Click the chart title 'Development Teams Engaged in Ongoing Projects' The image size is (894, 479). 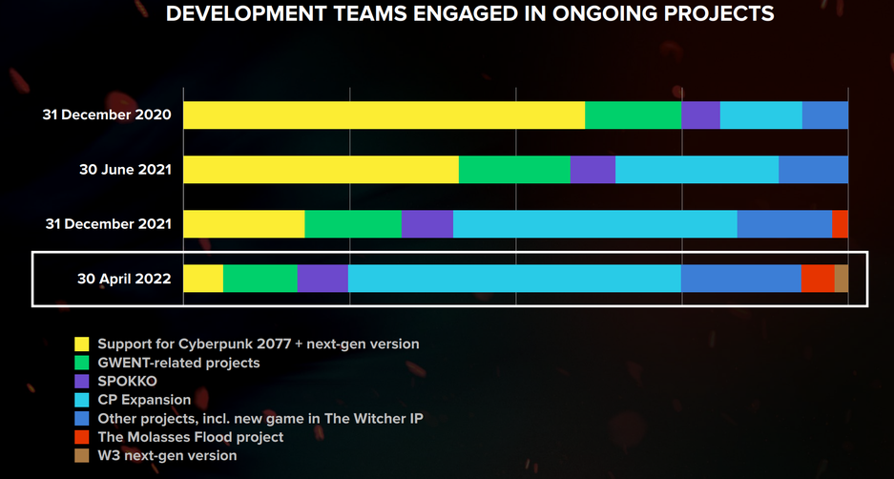coord(469,14)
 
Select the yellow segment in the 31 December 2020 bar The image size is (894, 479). coord(384,115)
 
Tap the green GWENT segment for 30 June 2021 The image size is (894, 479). coord(514,170)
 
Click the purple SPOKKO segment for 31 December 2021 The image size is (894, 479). coord(427,224)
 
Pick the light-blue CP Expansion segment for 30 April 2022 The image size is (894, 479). coord(514,279)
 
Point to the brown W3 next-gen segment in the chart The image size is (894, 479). coord(842,279)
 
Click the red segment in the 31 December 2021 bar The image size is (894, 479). coord(840,224)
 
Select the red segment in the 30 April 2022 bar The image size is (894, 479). coord(818,279)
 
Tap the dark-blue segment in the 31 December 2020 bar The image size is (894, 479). coord(825,115)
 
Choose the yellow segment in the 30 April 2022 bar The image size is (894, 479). coord(203,279)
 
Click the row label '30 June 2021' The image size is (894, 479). coord(125,170)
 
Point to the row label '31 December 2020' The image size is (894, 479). coord(107,115)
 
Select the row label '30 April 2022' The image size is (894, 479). coord(125,279)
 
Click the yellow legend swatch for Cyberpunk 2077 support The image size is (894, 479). coord(82,344)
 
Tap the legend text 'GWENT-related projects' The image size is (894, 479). coord(178,363)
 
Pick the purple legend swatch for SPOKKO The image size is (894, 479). coord(82,381)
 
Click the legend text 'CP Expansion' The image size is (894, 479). coord(144,400)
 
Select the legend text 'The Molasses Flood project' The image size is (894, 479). coord(192,437)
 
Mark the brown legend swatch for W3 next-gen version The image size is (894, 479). coord(82,455)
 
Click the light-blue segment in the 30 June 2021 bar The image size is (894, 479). coord(696,170)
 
